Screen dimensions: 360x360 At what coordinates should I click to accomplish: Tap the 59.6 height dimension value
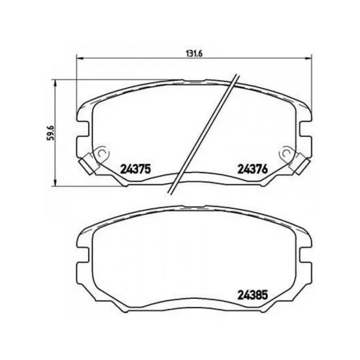coord(50,132)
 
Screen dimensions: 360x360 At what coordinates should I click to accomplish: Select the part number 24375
coord(135,169)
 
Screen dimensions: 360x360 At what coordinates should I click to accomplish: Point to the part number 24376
coord(253,169)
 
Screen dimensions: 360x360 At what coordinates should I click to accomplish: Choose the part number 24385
coord(253,295)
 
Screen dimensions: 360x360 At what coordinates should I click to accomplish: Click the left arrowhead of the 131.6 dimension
coord(79,58)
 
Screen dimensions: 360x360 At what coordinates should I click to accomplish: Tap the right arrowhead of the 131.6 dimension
coord(309,58)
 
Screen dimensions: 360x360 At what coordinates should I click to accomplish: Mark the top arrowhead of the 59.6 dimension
coord(54,83)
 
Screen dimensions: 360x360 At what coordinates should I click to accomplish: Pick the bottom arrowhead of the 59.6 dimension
coord(54,183)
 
